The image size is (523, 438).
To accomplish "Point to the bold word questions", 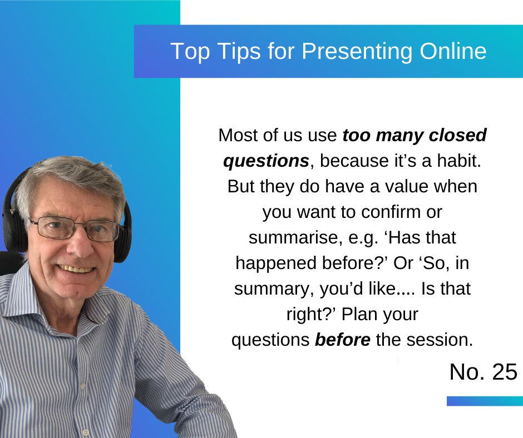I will pyautogui.click(x=266, y=161).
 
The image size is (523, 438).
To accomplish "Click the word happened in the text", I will pyautogui.click(x=272, y=263).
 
